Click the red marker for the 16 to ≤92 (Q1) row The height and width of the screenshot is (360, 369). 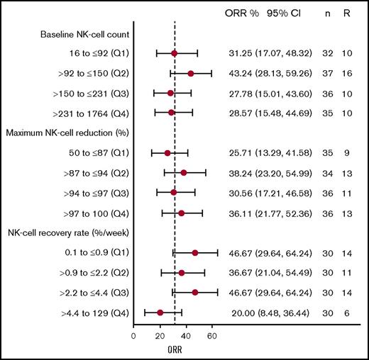click(175, 53)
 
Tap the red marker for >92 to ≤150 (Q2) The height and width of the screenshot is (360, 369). click(190, 73)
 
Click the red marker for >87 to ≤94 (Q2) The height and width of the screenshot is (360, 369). click(184, 172)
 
